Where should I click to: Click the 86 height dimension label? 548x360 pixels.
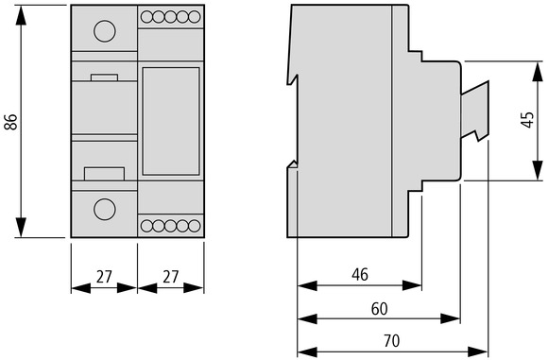coord(11,122)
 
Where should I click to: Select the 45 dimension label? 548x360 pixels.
coord(527,120)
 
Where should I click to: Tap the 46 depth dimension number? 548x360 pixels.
coord(360,275)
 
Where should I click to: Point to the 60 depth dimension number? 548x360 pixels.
coord(380,309)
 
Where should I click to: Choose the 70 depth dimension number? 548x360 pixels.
coord(391,341)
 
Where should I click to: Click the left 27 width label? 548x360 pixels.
coord(104,277)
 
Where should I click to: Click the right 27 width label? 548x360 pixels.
coord(171,277)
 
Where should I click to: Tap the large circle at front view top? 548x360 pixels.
coord(105,31)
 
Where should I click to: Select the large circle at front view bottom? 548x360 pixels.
coord(105,209)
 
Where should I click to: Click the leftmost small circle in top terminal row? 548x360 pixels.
coord(146,17)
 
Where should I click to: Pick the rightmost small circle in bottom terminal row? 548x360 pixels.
coord(195,226)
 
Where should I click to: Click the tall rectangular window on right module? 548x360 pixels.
coord(171,121)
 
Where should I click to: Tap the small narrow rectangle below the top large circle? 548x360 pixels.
coord(104,77)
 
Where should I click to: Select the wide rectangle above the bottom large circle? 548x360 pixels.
coord(105,174)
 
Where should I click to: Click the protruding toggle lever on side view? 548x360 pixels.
coord(475,111)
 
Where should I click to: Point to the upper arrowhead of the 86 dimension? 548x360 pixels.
coord(21,15)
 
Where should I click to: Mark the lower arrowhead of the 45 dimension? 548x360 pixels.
coord(538,171)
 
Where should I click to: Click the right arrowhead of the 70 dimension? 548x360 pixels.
coord(477,351)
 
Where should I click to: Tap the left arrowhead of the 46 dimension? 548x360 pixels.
coord(307,285)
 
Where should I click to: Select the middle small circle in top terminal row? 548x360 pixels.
coord(171,17)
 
